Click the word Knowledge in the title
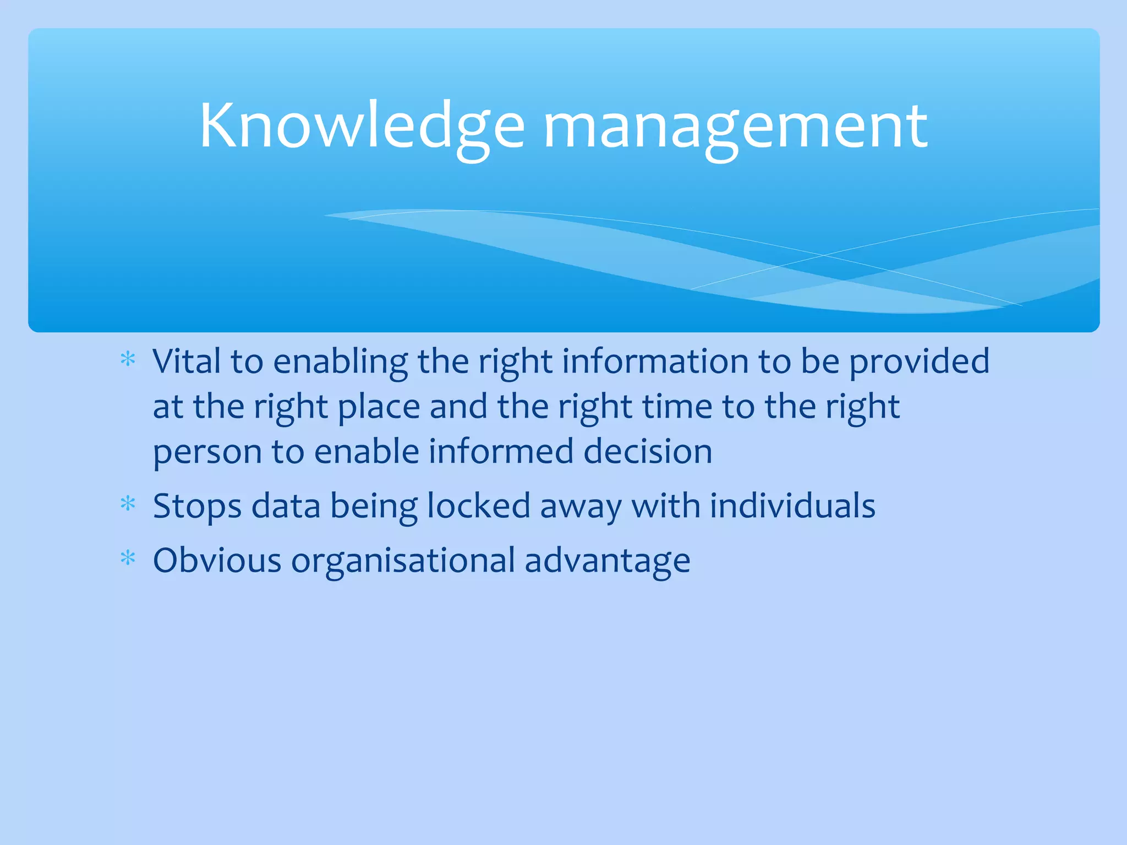pyautogui.click(x=362, y=127)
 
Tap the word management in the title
pyautogui.click(x=735, y=128)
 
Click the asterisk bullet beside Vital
pyautogui.click(x=128, y=359)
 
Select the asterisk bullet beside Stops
pyautogui.click(x=128, y=503)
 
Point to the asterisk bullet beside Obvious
pyautogui.click(x=128, y=558)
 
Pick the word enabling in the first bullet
pyautogui.click(x=340, y=363)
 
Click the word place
pyautogui.click(x=379, y=408)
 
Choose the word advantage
pyautogui.click(x=607, y=562)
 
